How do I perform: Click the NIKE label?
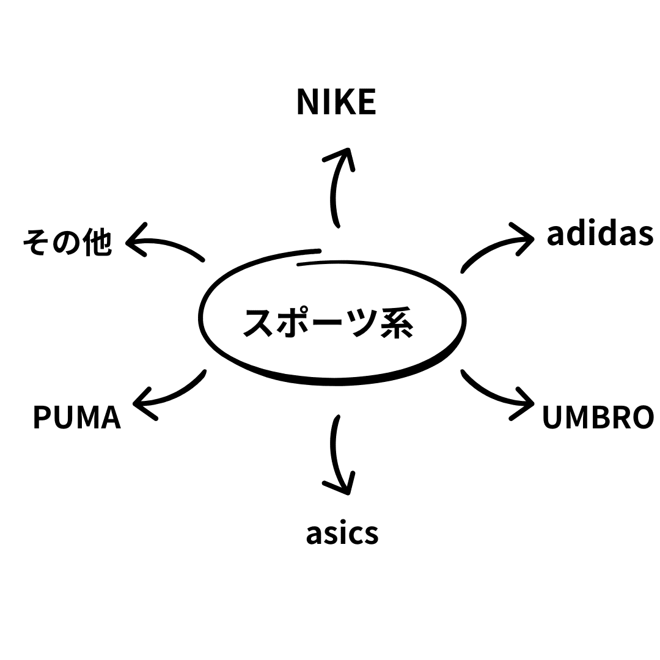coord(336,102)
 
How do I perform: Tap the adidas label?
coord(599,235)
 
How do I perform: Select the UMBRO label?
coord(598,417)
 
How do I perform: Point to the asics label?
coord(342,533)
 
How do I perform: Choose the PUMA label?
coord(77,417)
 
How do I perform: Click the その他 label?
coord(67,243)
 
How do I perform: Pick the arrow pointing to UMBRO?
coord(495,394)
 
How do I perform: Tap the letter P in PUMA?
coord(42,417)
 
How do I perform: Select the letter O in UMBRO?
coord(642,417)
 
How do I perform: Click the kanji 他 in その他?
coord(98,243)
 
